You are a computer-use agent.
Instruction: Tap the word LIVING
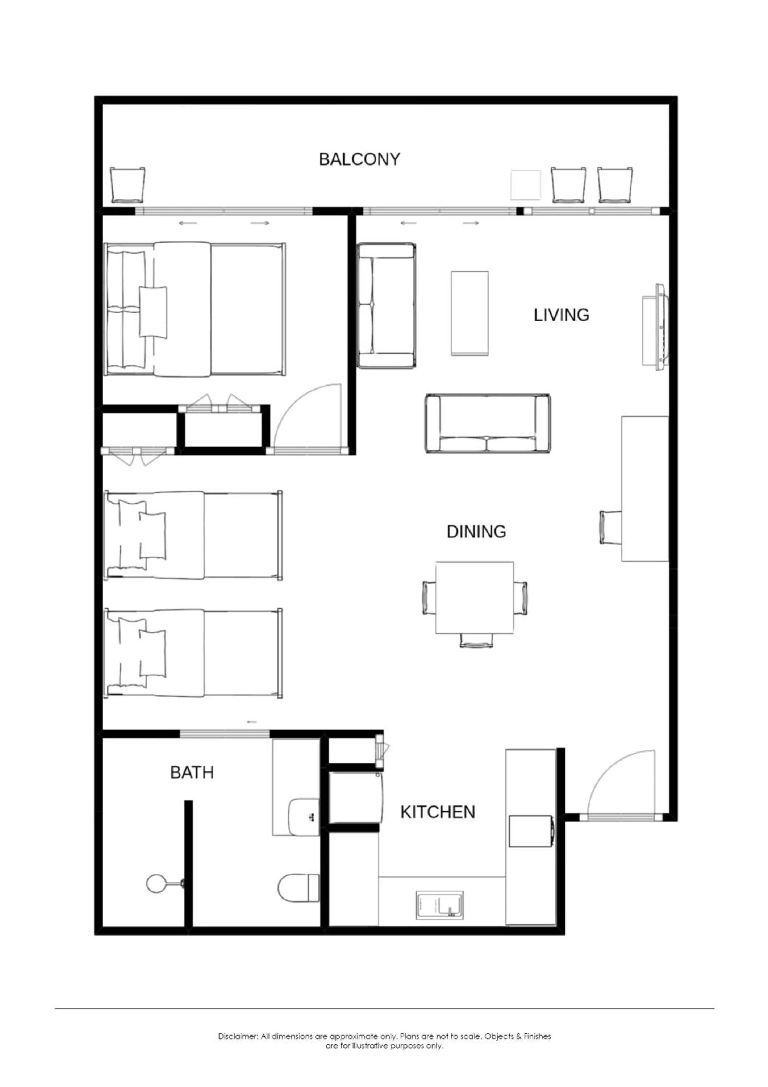561,315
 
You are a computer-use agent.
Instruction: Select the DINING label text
476,531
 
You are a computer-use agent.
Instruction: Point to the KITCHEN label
438,812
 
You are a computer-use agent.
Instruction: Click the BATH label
192,772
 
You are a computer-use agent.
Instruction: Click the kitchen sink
439,905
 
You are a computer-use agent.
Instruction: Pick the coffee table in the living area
469,313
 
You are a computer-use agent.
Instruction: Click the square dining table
475,597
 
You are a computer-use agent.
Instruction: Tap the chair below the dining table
476,641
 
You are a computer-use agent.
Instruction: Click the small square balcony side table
526,185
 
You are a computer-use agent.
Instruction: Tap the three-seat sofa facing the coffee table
487,423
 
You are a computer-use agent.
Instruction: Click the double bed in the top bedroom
195,310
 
